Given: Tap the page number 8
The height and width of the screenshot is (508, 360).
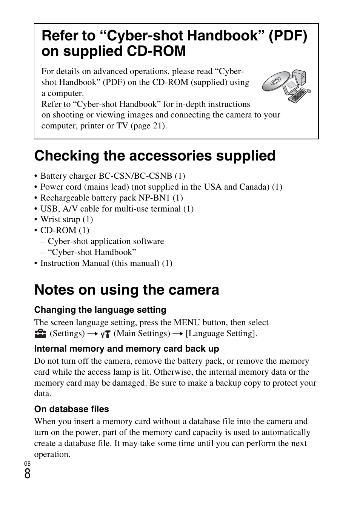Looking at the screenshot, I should click(x=27, y=474).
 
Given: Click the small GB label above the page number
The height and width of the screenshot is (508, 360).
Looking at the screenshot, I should click(x=27, y=463).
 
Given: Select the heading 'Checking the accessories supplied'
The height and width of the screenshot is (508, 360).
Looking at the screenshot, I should click(x=155, y=156).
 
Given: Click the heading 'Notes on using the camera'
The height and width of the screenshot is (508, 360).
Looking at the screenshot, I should click(x=126, y=290).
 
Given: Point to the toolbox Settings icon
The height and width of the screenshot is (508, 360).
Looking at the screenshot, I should click(x=39, y=333).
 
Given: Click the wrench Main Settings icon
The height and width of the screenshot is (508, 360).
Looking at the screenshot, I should click(x=106, y=334).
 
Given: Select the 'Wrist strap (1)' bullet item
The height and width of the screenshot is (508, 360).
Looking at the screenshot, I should click(x=66, y=219).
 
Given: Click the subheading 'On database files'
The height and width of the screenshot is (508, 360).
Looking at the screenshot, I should click(x=71, y=409).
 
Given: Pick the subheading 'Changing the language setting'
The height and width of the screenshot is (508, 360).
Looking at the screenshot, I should click(x=100, y=310).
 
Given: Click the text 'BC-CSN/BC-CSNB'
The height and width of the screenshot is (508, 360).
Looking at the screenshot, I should click(x=135, y=176).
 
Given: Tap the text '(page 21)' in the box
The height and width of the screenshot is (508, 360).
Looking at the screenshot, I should click(x=148, y=126).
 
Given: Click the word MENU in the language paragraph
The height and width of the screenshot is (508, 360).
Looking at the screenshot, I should click(x=187, y=323).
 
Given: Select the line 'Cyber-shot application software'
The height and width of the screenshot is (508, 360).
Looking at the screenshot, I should click(x=106, y=241).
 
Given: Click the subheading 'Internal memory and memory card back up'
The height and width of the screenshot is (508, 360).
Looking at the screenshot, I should click(x=126, y=349).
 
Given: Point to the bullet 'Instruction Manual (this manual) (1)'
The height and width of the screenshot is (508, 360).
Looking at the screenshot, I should click(x=106, y=263).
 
